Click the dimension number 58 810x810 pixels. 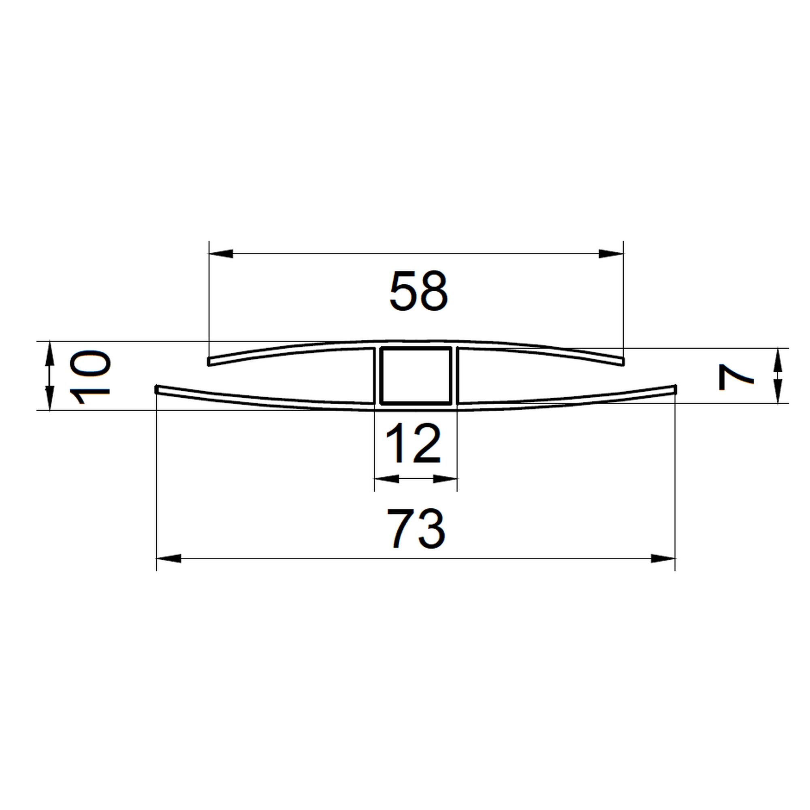click(x=419, y=291)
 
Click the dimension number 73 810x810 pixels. click(x=416, y=528)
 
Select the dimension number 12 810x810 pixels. click(x=414, y=443)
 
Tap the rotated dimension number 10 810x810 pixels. click(x=90, y=377)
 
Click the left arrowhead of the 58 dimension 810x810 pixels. click(x=221, y=254)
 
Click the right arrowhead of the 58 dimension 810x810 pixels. click(x=611, y=254)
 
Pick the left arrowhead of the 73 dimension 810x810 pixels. click(x=169, y=558)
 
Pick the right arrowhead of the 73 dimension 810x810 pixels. click(x=663, y=558)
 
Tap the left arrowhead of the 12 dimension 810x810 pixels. click(x=386, y=479)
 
